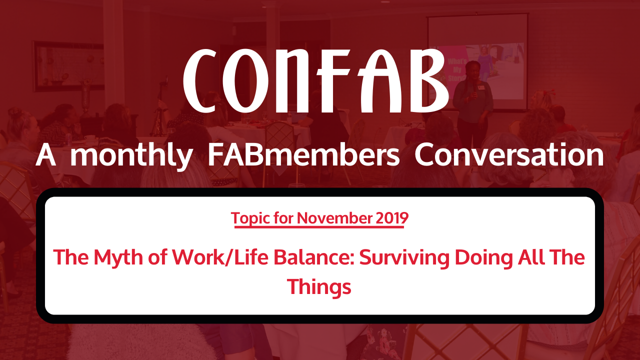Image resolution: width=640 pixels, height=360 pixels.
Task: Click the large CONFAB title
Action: [315, 81]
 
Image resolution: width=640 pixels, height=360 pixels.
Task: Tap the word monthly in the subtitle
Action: [131, 155]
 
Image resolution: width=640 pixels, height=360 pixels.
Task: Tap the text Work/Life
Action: [220, 257]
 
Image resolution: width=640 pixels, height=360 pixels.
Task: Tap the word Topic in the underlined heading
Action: [249, 218]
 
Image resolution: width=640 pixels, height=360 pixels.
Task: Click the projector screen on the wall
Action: [477, 62]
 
